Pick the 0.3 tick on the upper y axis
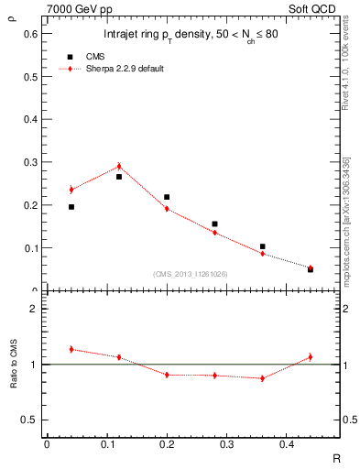click(x=33, y=162)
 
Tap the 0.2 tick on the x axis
click(x=167, y=444)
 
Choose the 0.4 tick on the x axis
click(x=287, y=444)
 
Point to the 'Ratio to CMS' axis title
click(x=14, y=365)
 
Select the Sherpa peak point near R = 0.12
click(x=119, y=167)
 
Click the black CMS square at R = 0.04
click(x=71, y=207)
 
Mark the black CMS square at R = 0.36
click(x=262, y=246)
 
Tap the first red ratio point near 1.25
click(x=71, y=349)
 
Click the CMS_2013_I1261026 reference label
click(x=191, y=274)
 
